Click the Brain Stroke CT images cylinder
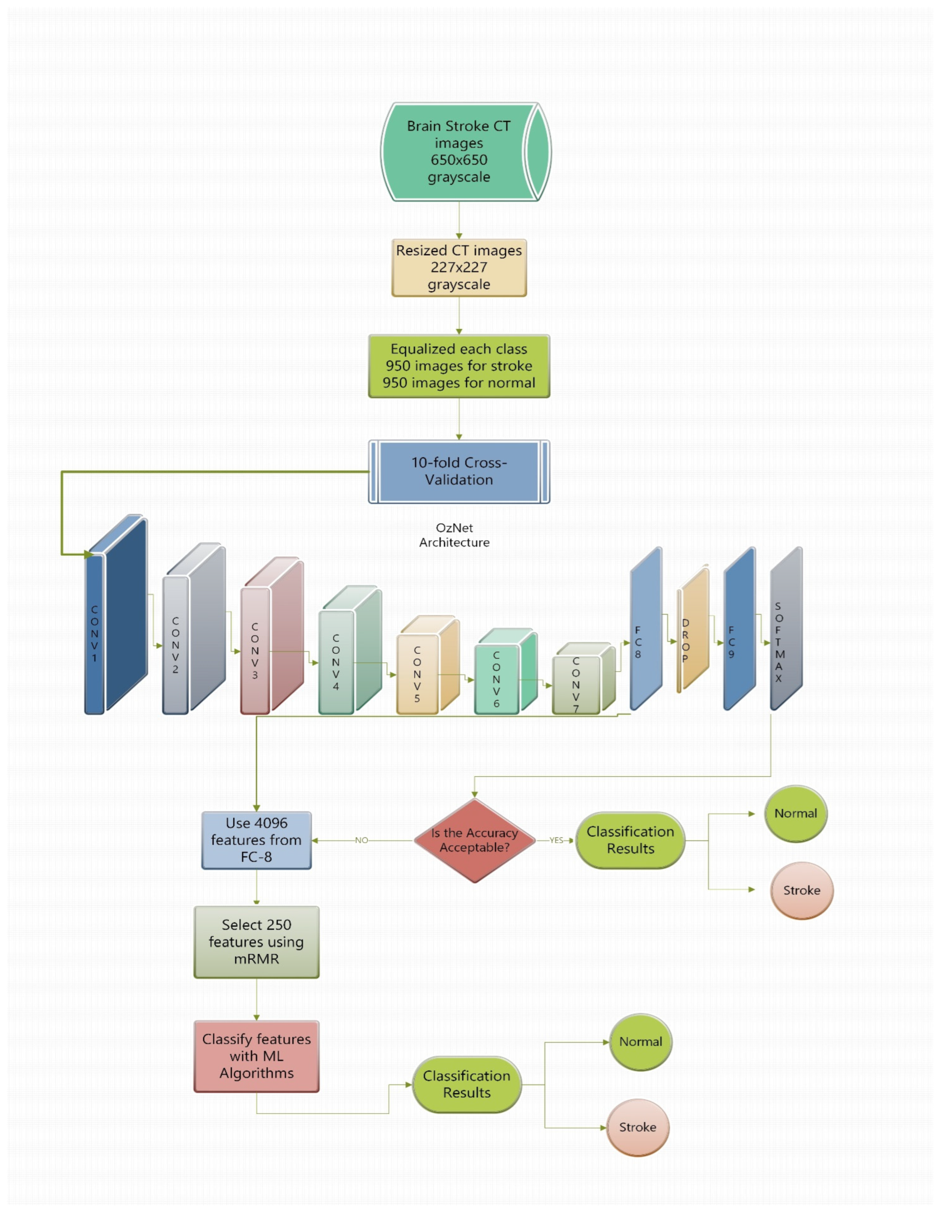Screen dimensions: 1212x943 pos(458,151)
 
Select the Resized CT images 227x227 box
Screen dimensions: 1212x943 pos(458,268)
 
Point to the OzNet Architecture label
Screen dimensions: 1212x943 pos(454,535)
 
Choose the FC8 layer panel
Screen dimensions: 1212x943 pos(646,630)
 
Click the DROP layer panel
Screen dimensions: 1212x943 pos(693,632)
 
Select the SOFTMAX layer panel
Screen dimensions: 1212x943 pos(785,630)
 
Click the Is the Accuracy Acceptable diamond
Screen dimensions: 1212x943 pos(475,840)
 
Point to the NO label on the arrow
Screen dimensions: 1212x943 pos(361,840)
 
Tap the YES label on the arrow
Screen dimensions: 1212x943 pos(556,840)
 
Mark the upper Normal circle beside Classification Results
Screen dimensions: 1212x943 pos(795,814)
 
